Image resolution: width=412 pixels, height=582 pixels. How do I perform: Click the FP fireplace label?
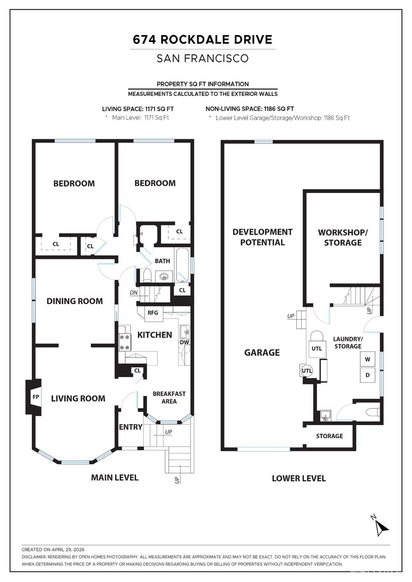36,397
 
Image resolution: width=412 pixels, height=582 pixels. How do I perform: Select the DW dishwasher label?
185,342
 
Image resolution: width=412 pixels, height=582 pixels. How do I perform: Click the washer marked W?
368,359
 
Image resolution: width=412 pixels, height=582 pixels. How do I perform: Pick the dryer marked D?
368,375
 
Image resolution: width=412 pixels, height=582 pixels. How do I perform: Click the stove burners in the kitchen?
124,342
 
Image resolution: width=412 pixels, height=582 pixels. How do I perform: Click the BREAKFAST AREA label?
169,397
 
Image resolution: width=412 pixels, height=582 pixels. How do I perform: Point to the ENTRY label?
131,427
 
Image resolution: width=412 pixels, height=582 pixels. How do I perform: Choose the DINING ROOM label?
75,301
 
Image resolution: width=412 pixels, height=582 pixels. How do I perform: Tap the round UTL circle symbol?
307,371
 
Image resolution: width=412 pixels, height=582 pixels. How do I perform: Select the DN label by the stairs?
134,293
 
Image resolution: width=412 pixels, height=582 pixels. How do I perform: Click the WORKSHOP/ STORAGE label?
342,237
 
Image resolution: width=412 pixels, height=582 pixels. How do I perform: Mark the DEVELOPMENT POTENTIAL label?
262,237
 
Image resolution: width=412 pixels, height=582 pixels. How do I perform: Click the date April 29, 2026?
68,549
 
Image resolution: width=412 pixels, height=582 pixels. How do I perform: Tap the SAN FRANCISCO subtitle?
203,58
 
